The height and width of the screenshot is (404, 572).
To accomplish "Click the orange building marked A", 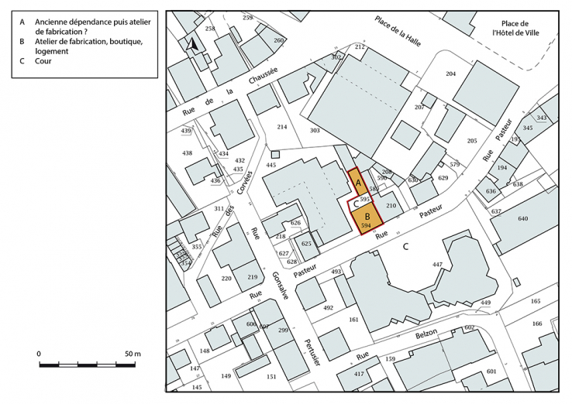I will point(359,183).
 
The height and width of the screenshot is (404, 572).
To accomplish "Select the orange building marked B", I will point(367,216).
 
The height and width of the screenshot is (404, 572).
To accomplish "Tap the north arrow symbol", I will point(192,46).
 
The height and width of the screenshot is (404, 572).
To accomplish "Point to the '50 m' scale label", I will point(133,353).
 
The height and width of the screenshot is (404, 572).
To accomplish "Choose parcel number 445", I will point(271,166).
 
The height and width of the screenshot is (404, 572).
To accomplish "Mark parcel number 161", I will point(354,320).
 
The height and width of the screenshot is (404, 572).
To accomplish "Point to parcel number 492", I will point(328,308).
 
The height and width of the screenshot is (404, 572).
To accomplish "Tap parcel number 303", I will point(315,131).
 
